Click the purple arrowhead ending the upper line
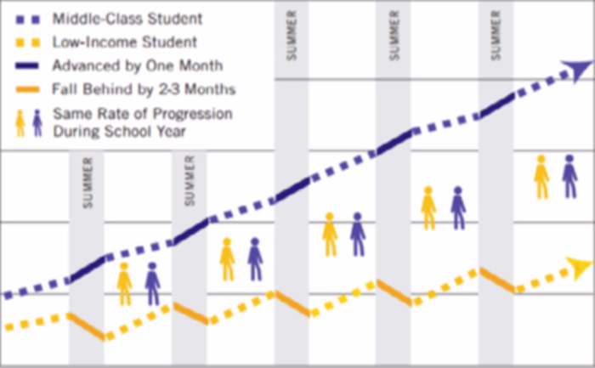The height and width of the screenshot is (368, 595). tap(579, 69)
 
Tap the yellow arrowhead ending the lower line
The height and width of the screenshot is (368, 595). tap(580, 271)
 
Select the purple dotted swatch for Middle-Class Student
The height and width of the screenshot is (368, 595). tap(25, 17)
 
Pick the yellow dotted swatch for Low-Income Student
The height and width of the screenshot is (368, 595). tap(25, 41)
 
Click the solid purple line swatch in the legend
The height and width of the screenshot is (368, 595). tap(25, 65)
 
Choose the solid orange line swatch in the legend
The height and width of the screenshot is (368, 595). tap(25, 88)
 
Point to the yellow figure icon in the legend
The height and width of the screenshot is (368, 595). tap(20, 123)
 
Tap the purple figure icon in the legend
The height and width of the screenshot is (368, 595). tap(37, 123)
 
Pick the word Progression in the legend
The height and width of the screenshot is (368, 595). tap(186, 114)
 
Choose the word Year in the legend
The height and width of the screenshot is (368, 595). tap(172, 132)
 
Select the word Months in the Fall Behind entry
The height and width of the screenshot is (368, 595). tap(212, 89)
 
